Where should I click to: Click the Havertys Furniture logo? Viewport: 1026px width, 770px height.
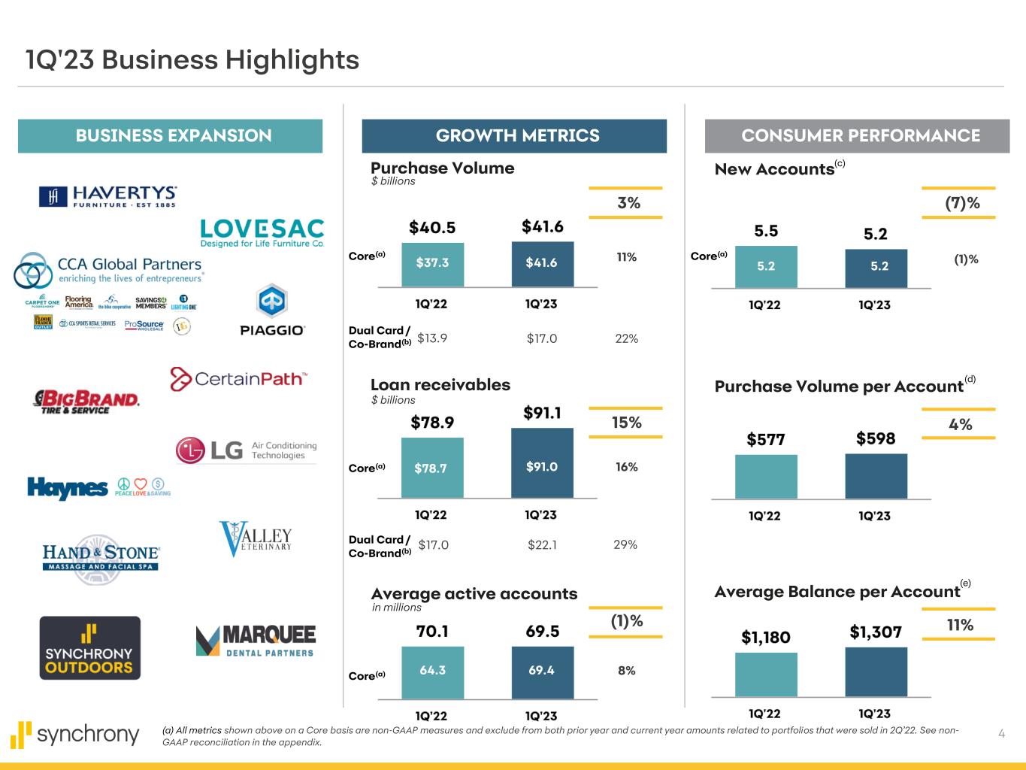point(107,196)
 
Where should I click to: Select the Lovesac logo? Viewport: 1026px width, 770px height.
point(262,233)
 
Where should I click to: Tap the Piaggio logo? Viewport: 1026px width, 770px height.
point(271,311)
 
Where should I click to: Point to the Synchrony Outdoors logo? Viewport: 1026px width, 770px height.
point(89,647)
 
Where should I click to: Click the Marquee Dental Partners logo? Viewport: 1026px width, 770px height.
point(256,641)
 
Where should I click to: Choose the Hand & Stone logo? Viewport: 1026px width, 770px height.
point(101,557)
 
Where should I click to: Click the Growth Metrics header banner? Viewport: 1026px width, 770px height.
point(514,136)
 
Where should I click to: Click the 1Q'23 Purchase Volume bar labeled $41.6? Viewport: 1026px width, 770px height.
point(542,263)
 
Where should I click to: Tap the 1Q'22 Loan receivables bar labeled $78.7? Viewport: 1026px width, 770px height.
point(431,468)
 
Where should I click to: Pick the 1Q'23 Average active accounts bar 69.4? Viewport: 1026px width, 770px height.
point(542,670)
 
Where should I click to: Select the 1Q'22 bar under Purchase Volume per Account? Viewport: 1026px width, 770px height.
point(766,476)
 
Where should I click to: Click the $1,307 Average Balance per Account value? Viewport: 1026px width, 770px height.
point(876,632)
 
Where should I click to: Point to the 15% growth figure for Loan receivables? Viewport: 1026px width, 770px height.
point(626,423)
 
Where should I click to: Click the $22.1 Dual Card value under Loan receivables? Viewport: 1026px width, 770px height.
point(542,544)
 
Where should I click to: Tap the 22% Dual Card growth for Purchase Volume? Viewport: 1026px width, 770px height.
point(626,338)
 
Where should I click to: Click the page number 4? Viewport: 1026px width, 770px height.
point(1001,734)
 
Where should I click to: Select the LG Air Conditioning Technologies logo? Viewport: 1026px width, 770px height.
point(247,450)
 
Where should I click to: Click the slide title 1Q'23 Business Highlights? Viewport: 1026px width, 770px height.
point(192,60)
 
